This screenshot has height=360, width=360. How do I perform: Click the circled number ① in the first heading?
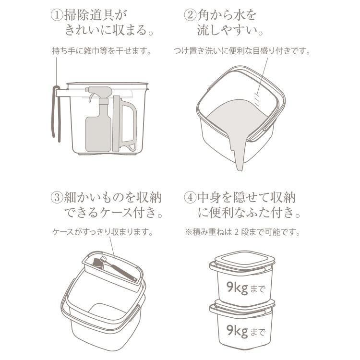click(57, 14)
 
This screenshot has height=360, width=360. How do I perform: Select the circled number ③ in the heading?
click(57, 198)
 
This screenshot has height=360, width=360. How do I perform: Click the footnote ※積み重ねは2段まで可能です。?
click(242, 232)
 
